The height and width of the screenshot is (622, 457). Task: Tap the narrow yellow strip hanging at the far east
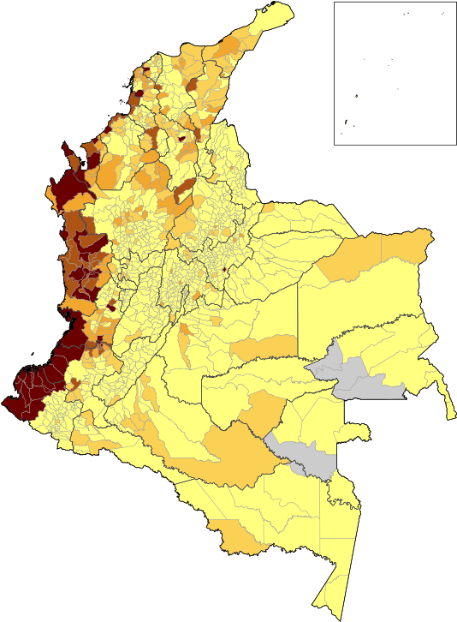(x=446, y=398)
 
